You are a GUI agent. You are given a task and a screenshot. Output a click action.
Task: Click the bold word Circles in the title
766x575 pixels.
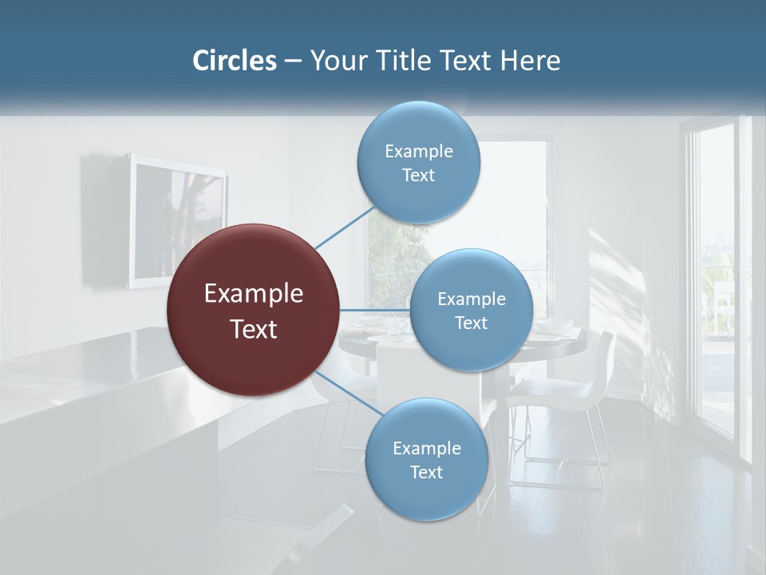(234, 61)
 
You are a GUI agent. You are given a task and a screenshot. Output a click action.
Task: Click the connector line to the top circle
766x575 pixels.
(345, 227)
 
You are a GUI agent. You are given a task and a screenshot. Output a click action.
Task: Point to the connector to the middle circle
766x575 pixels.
(374, 310)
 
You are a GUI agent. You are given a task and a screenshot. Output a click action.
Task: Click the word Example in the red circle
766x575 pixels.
(253, 294)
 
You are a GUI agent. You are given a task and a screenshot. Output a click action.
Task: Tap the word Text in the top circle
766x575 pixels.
(418, 176)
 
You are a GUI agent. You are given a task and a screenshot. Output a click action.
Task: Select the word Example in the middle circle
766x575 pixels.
(471, 299)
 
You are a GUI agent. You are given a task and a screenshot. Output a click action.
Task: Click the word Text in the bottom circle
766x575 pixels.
(426, 473)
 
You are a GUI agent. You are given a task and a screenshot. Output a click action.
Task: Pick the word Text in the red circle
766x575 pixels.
(253, 329)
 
